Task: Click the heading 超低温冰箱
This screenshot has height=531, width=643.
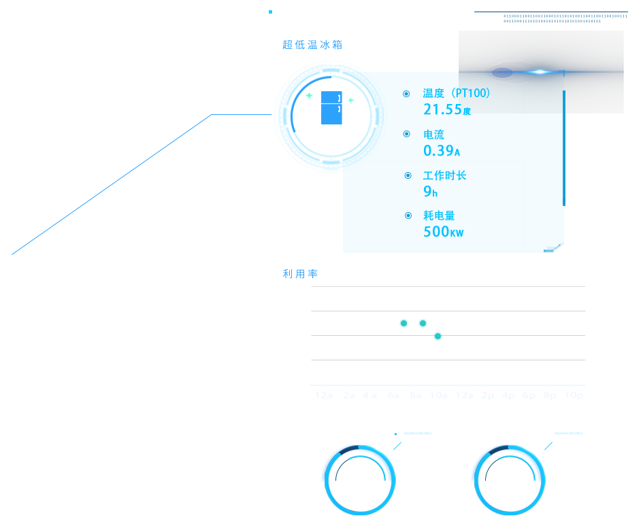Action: (312, 45)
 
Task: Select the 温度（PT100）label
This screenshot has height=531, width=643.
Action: (456, 93)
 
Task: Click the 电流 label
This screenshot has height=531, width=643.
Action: (433, 135)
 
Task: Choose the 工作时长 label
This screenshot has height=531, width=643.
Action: (444, 175)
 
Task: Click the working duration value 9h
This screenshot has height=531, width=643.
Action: (430, 192)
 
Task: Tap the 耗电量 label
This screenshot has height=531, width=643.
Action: (438, 216)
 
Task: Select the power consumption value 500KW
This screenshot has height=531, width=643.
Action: (443, 231)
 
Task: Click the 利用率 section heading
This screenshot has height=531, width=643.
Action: (300, 274)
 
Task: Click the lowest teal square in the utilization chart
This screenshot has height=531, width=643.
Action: (438, 336)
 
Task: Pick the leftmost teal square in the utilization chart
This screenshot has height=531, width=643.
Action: (403, 323)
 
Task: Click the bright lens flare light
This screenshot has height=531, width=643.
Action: (540, 71)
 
